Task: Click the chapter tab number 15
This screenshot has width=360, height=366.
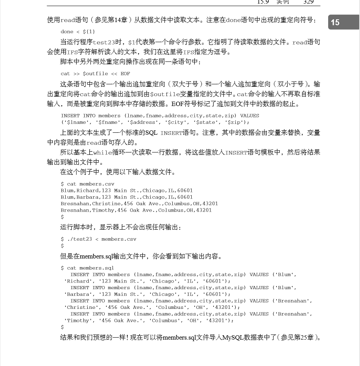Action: coord(335,22)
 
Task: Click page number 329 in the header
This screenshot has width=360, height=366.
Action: coord(308,2)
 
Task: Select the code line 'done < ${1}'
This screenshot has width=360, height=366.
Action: coord(78,32)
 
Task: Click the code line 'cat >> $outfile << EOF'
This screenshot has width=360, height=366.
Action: coord(95,74)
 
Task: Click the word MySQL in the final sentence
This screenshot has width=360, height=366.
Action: coord(233,338)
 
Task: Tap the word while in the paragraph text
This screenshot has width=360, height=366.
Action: coord(103,152)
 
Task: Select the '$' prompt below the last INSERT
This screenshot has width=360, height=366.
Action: coord(62,327)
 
